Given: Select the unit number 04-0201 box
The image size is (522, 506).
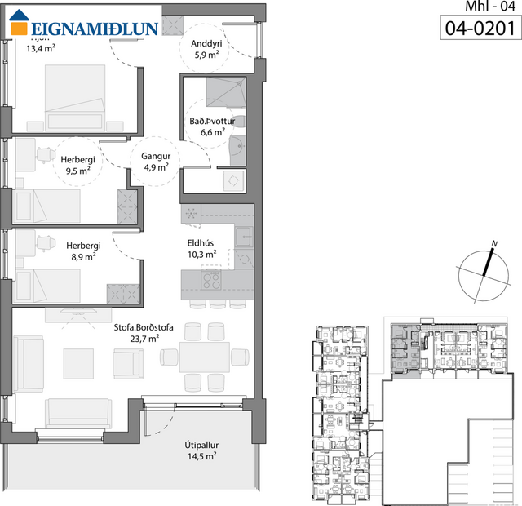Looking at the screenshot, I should pyautogui.click(x=481, y=29).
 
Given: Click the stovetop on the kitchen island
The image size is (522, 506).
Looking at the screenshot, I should pyautogui.click(x=211, y=281).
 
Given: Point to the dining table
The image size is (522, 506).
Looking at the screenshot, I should pyautogui.click(x=204, y=357).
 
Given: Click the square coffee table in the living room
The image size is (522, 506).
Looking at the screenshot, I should pyautogui.click(x=79, y=363).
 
